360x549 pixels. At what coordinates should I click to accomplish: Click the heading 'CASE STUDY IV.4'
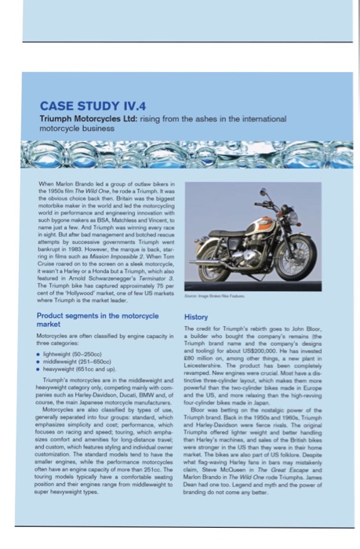coord(93,106)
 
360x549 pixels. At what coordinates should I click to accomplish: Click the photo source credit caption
coord(213,296)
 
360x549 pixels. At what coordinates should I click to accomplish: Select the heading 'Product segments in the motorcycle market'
coord(97,319)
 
